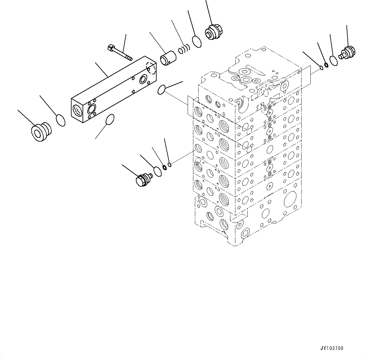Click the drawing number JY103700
(x=332, y=348)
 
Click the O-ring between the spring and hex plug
(x=197, y=41)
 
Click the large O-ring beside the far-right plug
(x=334, y=60)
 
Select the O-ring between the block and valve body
(x=162, y=89)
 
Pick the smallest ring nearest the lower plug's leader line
(x=170, y=164)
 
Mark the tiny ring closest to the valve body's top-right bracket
(x=321, y=67)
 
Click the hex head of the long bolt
(x=110, y=48)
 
